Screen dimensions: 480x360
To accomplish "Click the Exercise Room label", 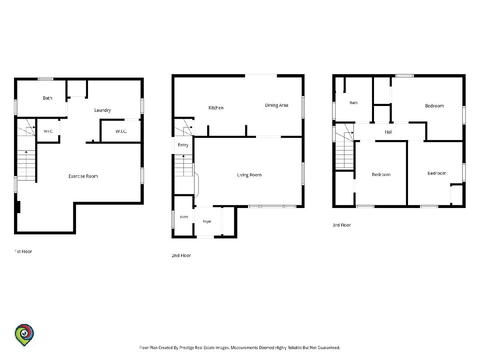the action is pos(83,176).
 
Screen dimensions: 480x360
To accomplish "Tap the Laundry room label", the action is pos(102,110).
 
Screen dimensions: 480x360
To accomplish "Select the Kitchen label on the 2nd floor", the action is pos(216,108).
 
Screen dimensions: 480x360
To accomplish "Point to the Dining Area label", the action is pos(276,105).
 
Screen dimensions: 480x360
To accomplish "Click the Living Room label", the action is pos(249,175).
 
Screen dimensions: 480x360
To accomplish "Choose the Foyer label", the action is pos(207,222).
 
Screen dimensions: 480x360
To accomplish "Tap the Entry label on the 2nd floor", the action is pos(183,145).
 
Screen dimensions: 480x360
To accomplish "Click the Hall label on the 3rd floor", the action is pos(388,132).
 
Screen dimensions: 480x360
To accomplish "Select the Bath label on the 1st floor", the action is pos(48,98).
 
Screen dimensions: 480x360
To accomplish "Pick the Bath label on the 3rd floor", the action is pos(353,103).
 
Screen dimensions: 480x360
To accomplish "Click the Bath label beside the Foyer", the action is pos(184,217).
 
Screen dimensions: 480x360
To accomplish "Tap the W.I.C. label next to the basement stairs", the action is pos(48,131).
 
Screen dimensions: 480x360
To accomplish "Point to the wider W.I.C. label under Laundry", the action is pos(121,131).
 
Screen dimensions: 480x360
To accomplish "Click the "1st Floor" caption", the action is pos(23,252).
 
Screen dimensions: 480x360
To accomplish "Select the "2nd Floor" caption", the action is pos(181,256).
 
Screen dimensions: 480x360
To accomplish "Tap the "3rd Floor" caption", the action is pos(342,225).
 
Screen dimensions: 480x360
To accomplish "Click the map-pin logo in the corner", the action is pos(24,335).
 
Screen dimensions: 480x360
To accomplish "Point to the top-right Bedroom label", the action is pos(434,106).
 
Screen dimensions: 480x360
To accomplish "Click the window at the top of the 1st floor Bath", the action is pos(46,79).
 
